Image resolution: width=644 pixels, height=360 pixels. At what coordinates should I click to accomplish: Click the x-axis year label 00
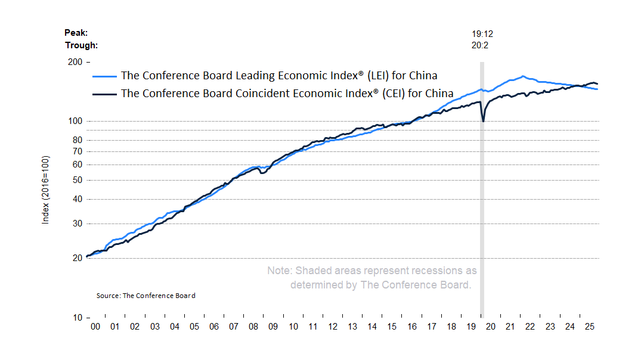click(x=95, y=327)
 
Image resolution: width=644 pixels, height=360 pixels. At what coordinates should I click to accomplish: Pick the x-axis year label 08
click(x=253, y=327)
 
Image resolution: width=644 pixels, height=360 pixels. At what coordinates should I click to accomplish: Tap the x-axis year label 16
click(x=411, y=327)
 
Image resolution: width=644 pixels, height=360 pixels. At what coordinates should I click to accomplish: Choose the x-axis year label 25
click(x=589, y=327)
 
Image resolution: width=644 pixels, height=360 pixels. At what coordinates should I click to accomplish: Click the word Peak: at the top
click(x=76, y=33)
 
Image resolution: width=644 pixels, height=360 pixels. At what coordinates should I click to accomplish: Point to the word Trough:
click(x=81, y=45)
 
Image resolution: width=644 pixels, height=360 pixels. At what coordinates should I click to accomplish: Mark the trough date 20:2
click(x=481, y=45)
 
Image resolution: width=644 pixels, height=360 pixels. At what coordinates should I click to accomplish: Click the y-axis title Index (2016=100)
click(x=45, y=190)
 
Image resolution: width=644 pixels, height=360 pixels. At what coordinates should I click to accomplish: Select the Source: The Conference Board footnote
click(x=145, y=296)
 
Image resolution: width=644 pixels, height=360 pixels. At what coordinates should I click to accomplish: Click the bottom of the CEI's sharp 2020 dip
click(x=483, y=122)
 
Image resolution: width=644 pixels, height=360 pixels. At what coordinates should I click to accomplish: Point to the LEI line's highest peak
click(x=523, y=76)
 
